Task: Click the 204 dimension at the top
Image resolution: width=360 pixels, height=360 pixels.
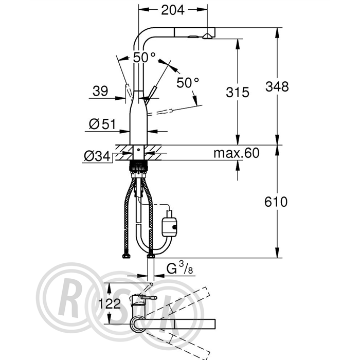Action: (x=173, y=10)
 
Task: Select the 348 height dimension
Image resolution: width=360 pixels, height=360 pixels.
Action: (x=277, y=87)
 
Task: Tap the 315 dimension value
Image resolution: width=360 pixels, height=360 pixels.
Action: (x=238, y=92)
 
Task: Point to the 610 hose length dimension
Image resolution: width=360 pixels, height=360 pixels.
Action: (x=276, y=202)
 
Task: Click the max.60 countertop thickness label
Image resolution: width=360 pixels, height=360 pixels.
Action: (x=236, y=153)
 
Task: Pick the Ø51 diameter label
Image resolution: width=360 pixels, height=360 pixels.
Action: (x=102, y=124)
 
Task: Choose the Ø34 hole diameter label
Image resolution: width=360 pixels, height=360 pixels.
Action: (x=97, y=156)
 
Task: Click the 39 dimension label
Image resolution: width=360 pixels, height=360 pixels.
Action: (x=100, y=91)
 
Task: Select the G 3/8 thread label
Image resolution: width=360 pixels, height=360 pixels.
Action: (x=179, y=268)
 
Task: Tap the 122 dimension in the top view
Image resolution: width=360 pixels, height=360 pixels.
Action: (x=109, y=304)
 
